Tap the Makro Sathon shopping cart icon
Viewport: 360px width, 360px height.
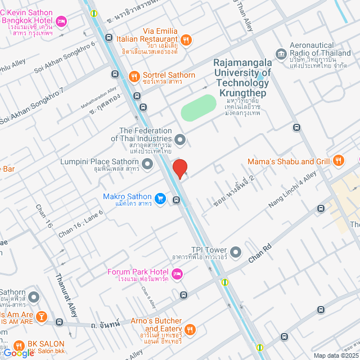[x=160, y=198]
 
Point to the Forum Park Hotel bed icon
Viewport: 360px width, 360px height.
[x=177, y=274]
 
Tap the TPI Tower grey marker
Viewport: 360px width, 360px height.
[x=236, y=251]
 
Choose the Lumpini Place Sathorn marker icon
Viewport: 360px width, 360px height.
[x=148, y=164]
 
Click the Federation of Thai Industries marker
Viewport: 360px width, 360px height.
[x=180, y=138]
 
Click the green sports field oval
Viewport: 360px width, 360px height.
[x=199, y=107]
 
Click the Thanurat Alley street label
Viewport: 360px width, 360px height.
[x=66, y=295]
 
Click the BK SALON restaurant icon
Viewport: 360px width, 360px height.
[x=19, y=344]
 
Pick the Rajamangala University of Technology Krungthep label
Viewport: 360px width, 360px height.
[x=242, y=73]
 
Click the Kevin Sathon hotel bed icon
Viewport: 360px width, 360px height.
[x=61, y=22]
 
